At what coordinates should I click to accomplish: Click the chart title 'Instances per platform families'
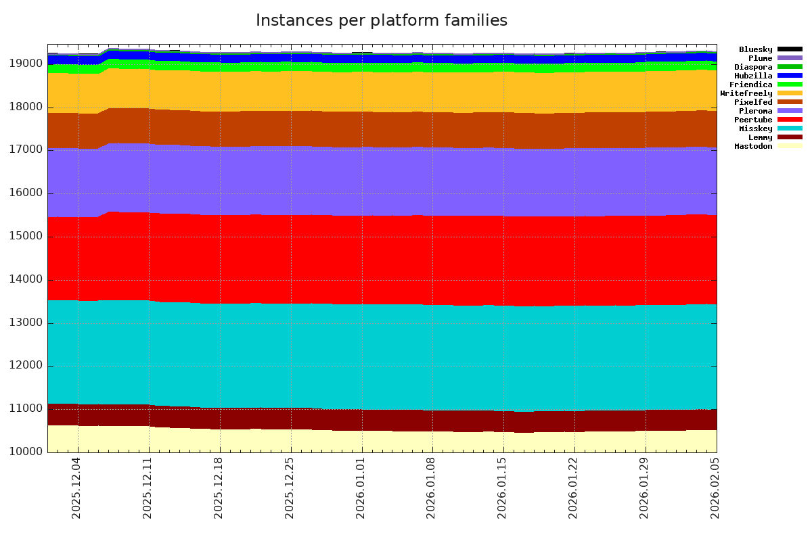pos(381,21)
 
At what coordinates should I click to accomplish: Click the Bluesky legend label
pos(755,49)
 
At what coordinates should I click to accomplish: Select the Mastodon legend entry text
pos(753,146)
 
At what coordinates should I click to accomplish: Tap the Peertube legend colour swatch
pos(790,120)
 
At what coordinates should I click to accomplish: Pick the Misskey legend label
pos(755,128)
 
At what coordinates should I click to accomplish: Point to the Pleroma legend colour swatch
pos(790,111)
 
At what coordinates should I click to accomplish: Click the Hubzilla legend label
pos(753,76)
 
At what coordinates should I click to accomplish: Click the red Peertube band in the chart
pos(379,260)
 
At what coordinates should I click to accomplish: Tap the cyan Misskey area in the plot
pos(379,355)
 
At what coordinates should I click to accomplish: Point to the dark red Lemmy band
pos(379,420)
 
